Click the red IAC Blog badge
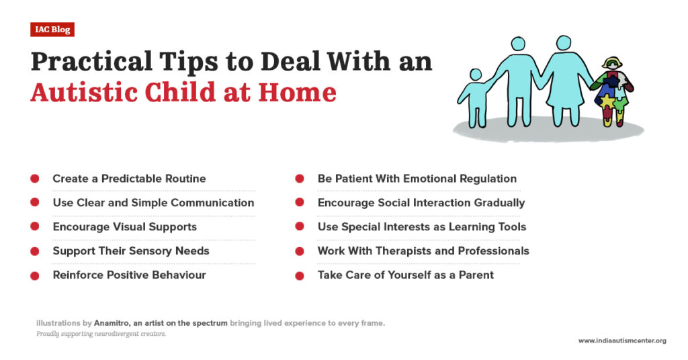point(52,30)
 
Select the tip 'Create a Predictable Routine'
point(129,179)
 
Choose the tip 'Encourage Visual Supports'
point(124,227)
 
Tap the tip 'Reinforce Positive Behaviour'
point(129,275)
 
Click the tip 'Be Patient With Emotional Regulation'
point(417,179)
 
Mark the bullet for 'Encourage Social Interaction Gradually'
point(300,203)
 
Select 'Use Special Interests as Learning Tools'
point(421,227)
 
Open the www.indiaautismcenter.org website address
point(621,341)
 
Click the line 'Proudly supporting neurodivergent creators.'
point(101,334)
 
